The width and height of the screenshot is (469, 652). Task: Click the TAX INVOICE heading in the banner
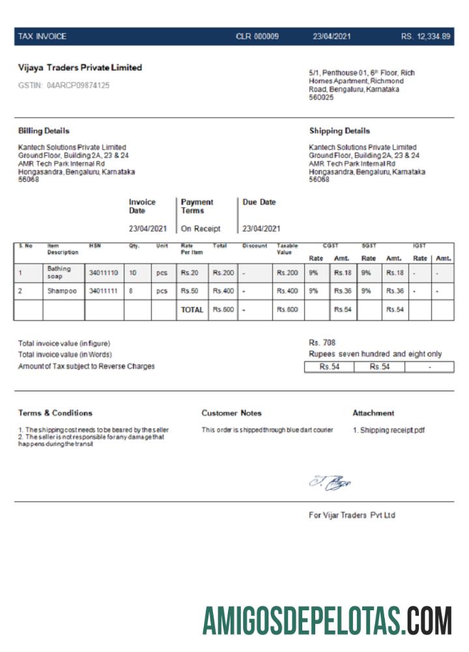coord(42,37)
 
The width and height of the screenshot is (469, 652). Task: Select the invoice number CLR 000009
coord(257,37)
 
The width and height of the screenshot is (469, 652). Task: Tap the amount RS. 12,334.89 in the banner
coord(425,37)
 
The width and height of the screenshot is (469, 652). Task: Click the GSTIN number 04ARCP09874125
coord(78,85)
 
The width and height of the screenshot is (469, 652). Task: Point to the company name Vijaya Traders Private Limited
coord(80,68)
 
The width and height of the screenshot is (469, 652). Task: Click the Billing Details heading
coord(44,131)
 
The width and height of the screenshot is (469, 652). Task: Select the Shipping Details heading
coord(339,131)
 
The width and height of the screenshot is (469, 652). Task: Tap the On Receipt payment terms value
coord(201,229)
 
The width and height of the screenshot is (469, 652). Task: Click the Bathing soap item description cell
coord(59,273)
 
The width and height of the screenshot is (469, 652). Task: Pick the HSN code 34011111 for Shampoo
coord(103,291)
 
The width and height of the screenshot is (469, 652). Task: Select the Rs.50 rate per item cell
coord(190,291)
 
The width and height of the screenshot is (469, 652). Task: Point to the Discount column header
coord(255,246)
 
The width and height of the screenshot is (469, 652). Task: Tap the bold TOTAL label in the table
coord(192,310)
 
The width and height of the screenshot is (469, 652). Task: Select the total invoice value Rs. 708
coord(322,342)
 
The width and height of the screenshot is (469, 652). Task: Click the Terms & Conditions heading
coord(55,413)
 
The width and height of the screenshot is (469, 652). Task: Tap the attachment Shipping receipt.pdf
coord(388,430)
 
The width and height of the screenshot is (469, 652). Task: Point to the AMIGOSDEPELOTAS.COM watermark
coord(327,620)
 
